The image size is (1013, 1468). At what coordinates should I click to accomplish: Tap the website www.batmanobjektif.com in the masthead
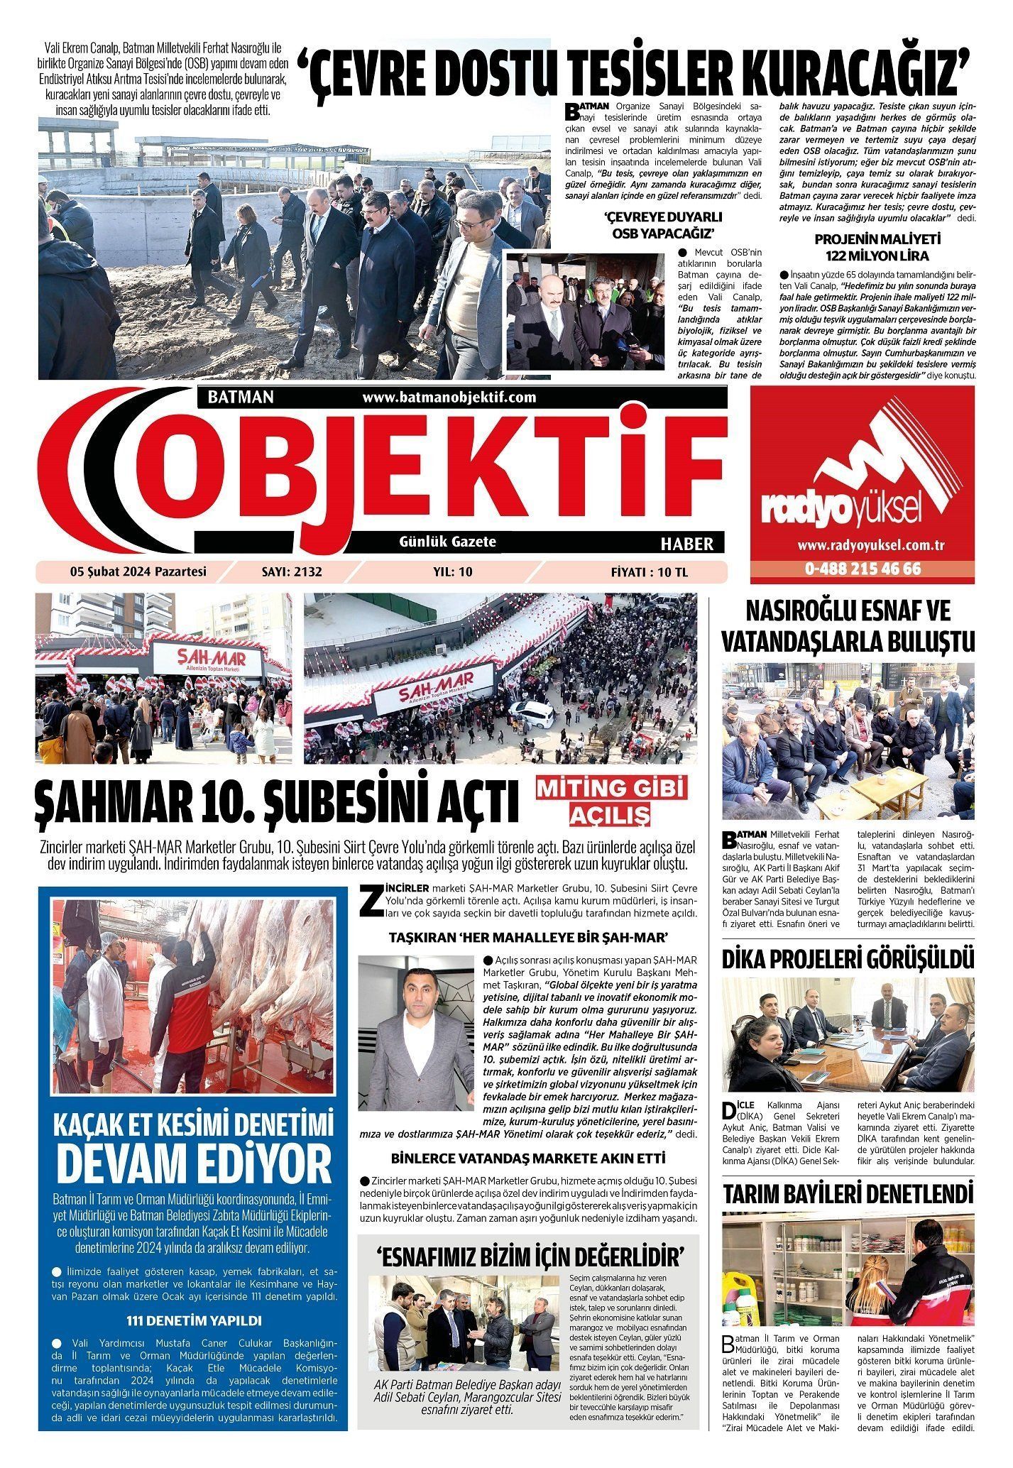(449, 397)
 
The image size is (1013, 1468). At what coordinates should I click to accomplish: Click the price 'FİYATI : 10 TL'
(650, 571)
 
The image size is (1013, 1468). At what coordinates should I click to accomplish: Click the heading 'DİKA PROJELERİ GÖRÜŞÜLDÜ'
(848, 959)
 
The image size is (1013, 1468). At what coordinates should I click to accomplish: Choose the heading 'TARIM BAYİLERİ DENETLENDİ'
(848, 1193)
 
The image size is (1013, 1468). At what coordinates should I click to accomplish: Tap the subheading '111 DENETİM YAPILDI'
(194, 1320)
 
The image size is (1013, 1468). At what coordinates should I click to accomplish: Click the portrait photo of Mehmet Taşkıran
(415, 1022)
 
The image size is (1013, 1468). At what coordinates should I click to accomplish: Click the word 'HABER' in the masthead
(686, 544)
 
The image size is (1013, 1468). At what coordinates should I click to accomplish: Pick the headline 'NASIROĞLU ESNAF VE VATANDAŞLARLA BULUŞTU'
(848, 627)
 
